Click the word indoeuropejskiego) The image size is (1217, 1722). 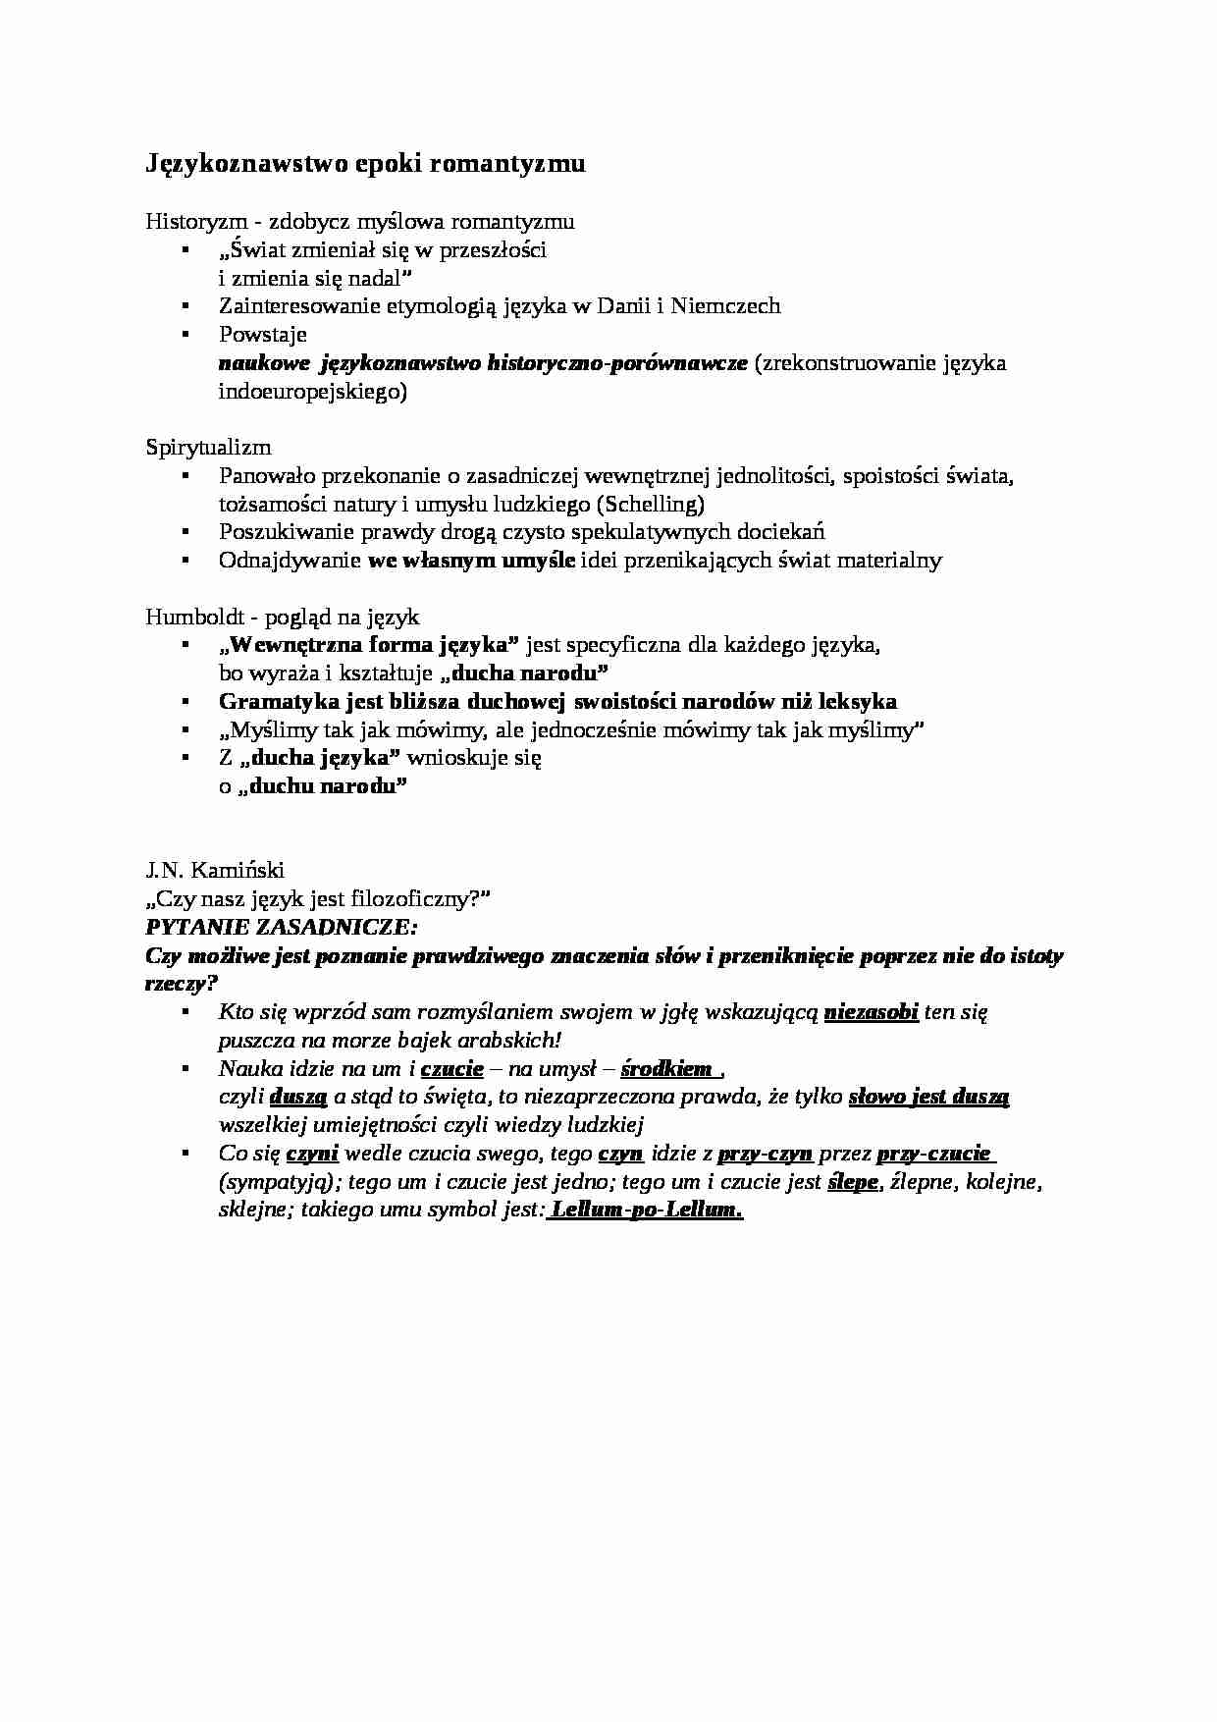[312, 392]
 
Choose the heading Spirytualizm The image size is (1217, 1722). [208, 448]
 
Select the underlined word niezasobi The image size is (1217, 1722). [872, 1012]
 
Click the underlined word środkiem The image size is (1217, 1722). [666, 1069]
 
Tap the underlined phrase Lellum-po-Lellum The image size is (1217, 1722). [647, 1211]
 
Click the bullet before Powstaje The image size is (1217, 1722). [184, 335]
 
